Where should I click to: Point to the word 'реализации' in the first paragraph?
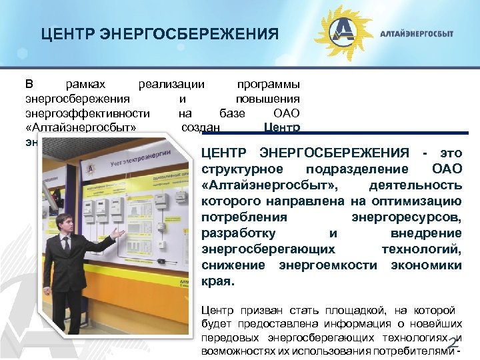(x=171, y=85)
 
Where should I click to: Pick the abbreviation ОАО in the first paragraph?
(x=287, y=113)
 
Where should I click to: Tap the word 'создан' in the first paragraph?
(x=201, y=127)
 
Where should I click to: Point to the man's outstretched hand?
(x=119, y=233)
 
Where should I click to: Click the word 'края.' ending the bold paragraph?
(x=217, y=281)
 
